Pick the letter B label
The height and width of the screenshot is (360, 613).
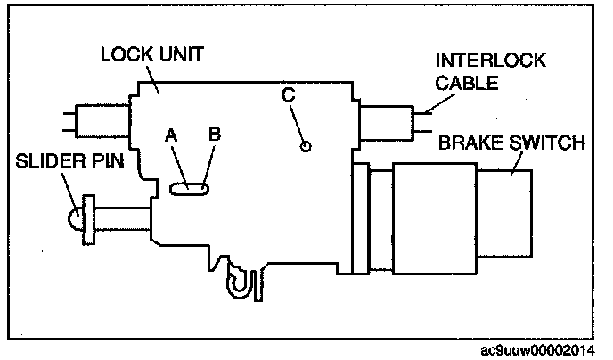pyautogui.click(x=214, y=135)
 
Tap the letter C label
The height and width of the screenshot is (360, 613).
pyautogui.click(x=286, y=93)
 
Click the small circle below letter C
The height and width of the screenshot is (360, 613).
pyautogui.click(x=306, y=146)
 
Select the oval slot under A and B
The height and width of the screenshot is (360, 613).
pyautogui.click(x=189, y=188)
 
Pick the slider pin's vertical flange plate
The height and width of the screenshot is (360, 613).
pyautogui.click(x=88, y=219)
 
